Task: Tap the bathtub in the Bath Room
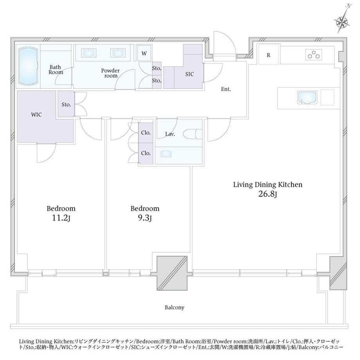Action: tap(28, 66)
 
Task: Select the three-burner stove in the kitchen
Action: tap(313, 55)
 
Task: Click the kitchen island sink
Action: tap(307, 97)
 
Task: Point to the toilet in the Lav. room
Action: tap(193, 134)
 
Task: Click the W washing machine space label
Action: tap(144, 54)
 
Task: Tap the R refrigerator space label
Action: tap(268, 55)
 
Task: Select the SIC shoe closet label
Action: tap(189, 74)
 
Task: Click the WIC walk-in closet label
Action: tap(36, 115)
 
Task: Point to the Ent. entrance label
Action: tap(226, 89)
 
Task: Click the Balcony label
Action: tap(175, 308)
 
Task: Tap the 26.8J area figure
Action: tap(268, 194)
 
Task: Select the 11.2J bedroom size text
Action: tap(61, 218)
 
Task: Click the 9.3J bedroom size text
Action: tap(145, 218)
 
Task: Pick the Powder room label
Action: tap(110, 73)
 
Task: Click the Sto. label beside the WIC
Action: tap(66, 105)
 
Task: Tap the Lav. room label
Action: tap(170, 134)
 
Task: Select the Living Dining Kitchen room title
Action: tap(268, 185)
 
